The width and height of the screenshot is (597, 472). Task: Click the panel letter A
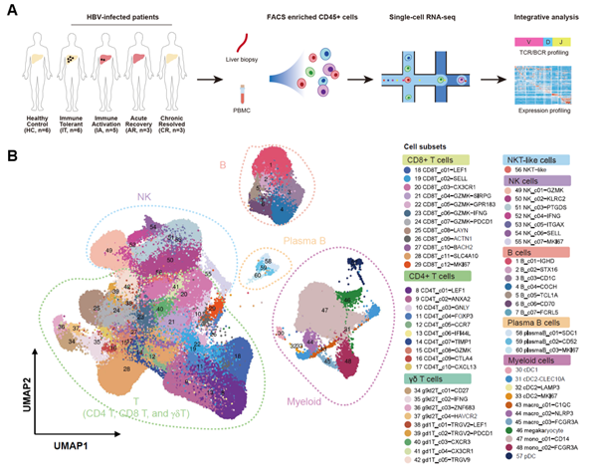point(11,9)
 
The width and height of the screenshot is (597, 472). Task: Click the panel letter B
point(11,157)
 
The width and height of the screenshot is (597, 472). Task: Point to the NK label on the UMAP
point(116,197)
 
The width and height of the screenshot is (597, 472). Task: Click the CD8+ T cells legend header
point(432,158)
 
